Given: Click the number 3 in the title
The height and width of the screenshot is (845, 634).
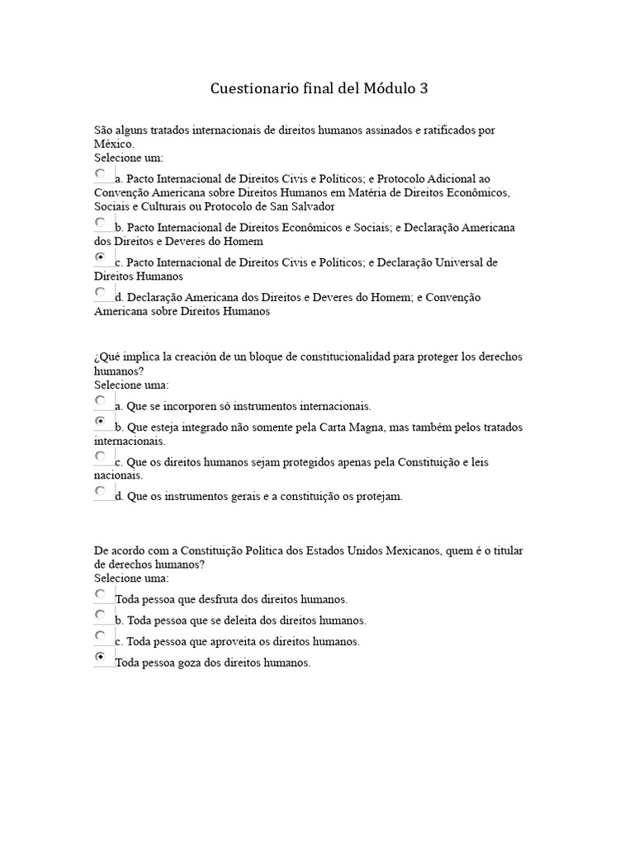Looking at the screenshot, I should tap(423, 88).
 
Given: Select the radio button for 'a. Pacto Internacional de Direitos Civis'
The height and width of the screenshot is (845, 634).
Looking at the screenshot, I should tap(101, 174).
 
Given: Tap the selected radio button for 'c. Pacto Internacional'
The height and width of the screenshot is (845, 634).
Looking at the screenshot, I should tap(101, 257).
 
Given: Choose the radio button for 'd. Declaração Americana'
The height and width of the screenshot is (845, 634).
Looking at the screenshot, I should tap(101, 292).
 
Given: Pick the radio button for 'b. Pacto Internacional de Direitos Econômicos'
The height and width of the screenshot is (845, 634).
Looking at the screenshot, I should tap(101, 222).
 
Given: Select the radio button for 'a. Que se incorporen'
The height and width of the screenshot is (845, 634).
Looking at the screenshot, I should tap(101, 401).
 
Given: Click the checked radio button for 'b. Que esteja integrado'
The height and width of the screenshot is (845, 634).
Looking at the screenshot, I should tap(101, 422).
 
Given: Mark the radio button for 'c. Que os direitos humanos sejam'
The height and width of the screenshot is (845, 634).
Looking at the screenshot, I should tap(101, 456).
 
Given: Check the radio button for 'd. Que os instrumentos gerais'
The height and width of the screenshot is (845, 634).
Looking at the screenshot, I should tap(101, 491).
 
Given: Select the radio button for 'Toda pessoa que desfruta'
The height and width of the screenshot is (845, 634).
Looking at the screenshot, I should tap(101, 594).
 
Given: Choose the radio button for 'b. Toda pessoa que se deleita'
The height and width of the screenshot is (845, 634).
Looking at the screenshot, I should tap(101, 615).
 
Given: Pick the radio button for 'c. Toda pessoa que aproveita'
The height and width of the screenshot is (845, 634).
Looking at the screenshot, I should tap(101, 636).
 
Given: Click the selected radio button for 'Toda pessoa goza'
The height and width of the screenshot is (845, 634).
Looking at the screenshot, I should tap(101, 657).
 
